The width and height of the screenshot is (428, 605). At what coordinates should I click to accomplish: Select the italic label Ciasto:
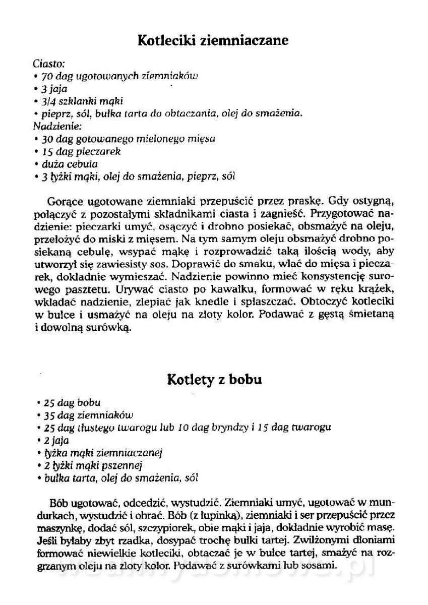[x=48, y=65]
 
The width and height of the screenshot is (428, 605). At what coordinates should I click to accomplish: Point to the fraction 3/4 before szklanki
[x=50, y=101]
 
